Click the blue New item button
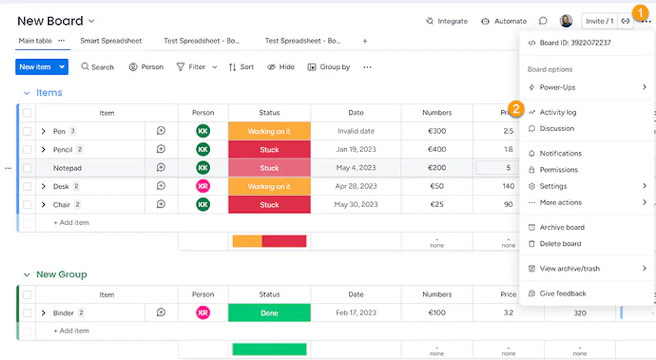[35, 67]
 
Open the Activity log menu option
[558, 112]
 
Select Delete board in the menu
[560, 244]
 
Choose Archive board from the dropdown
[562, 228]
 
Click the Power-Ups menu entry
[558, 87]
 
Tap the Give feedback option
[562, 294]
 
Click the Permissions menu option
[558, 170]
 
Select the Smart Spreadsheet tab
[111, 41]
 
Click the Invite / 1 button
[599, 21]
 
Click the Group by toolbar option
[329, 67]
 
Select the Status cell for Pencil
[269, 150]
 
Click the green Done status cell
[269, 313]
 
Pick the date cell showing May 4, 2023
[356, 168]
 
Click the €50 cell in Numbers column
[437, 186]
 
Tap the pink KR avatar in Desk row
[203, 186]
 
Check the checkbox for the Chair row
[27, 205]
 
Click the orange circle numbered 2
[516, 109]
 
